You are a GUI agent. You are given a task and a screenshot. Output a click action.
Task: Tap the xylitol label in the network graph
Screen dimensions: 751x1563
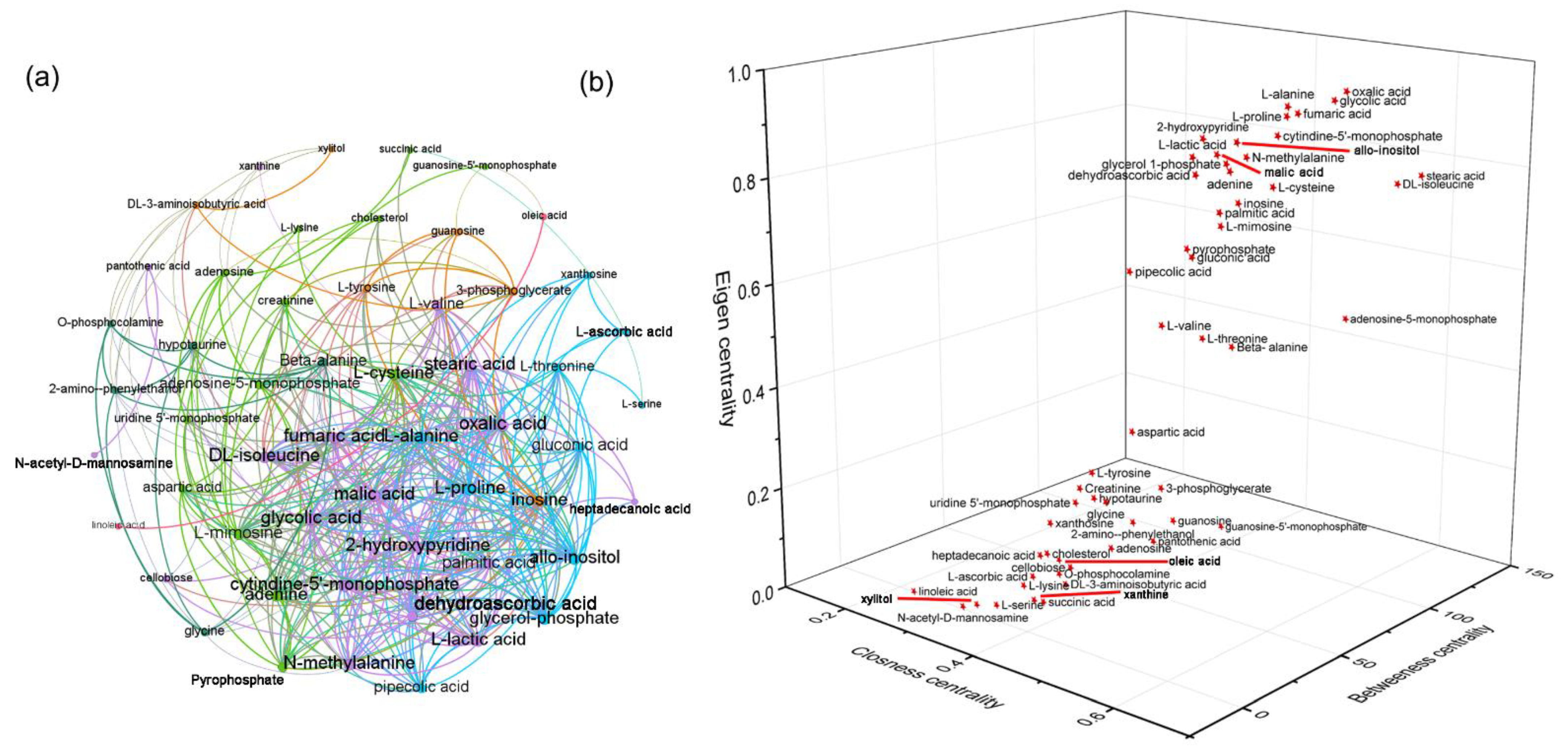(331, 148)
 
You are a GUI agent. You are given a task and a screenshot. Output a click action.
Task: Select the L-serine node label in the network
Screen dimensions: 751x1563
(641, 404)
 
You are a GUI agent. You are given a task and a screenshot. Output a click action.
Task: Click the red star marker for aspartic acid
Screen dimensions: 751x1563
(1132, 432)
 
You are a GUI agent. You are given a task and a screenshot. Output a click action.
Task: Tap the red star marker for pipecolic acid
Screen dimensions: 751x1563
(1129, 272)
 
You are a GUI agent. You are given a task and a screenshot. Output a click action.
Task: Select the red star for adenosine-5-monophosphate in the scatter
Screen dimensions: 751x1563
(1345, 319)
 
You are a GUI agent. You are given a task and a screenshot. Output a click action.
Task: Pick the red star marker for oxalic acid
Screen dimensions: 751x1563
(1347, 91)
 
